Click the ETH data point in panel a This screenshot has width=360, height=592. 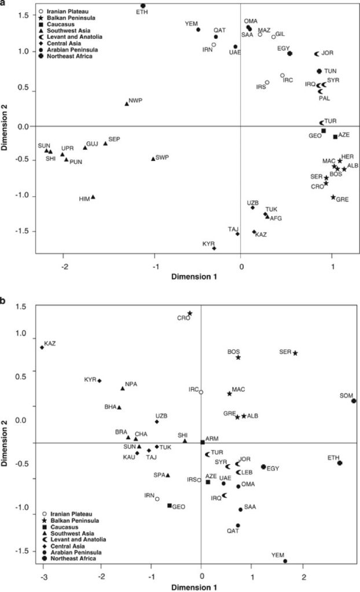[x=143, y=6]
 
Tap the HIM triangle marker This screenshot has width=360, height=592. [x=93, y=197]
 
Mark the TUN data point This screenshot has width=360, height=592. [x=319, y=71]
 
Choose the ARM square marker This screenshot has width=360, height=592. [x=203, y=442]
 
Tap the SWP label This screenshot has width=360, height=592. [x=162, y=157]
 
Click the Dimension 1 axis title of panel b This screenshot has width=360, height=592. [x=200, y=587]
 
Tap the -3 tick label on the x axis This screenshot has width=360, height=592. [x=43, y=576]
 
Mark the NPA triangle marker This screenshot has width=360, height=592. [x=123, y=388]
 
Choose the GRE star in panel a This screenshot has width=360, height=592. [x=333, y=197]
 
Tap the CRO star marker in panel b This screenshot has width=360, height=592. [x=189, y=313]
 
